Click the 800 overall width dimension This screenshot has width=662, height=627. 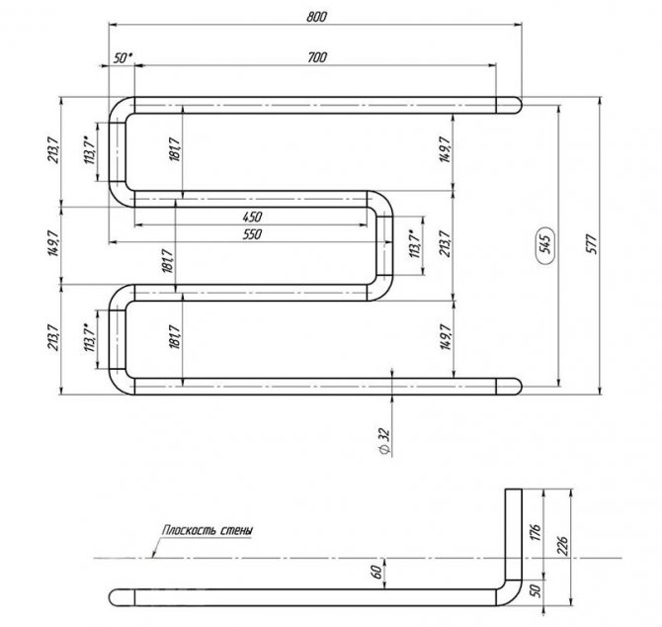[x=316, y=17]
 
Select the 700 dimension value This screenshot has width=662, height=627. [x=317, y=57]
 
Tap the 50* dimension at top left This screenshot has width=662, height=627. [x=123, y=58]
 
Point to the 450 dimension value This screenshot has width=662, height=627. [x=252, y=217]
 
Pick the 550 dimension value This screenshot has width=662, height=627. [x=252, y=234]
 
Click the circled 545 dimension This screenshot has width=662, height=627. [x=545, y=244]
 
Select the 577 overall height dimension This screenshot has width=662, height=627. [x=592, y=244]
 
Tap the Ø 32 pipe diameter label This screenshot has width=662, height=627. [x=384, y=442]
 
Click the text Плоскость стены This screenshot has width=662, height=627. [x=207, y=530]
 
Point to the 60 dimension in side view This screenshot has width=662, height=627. [x=377, y=572]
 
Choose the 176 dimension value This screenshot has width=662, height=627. [x=535, y=533]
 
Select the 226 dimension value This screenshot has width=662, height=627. [x=562, y=546]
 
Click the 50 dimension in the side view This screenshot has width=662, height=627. [x=535, y=590]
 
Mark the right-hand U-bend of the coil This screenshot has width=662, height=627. [x=380, y=246]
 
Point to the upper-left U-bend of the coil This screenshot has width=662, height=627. [x=122, y=152]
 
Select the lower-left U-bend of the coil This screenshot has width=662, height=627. [x=122, y=339]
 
